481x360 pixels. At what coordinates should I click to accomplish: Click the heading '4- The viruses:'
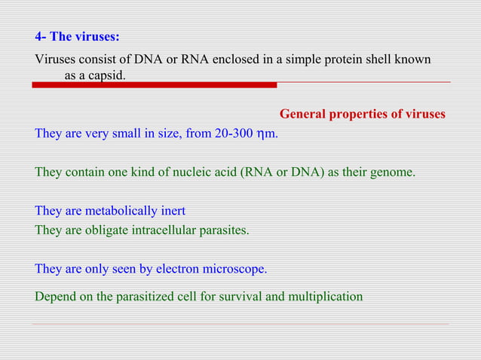[77, 36]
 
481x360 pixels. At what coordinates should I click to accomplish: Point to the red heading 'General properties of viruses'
[362, 114]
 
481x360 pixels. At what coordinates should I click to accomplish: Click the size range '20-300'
[234, 134]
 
